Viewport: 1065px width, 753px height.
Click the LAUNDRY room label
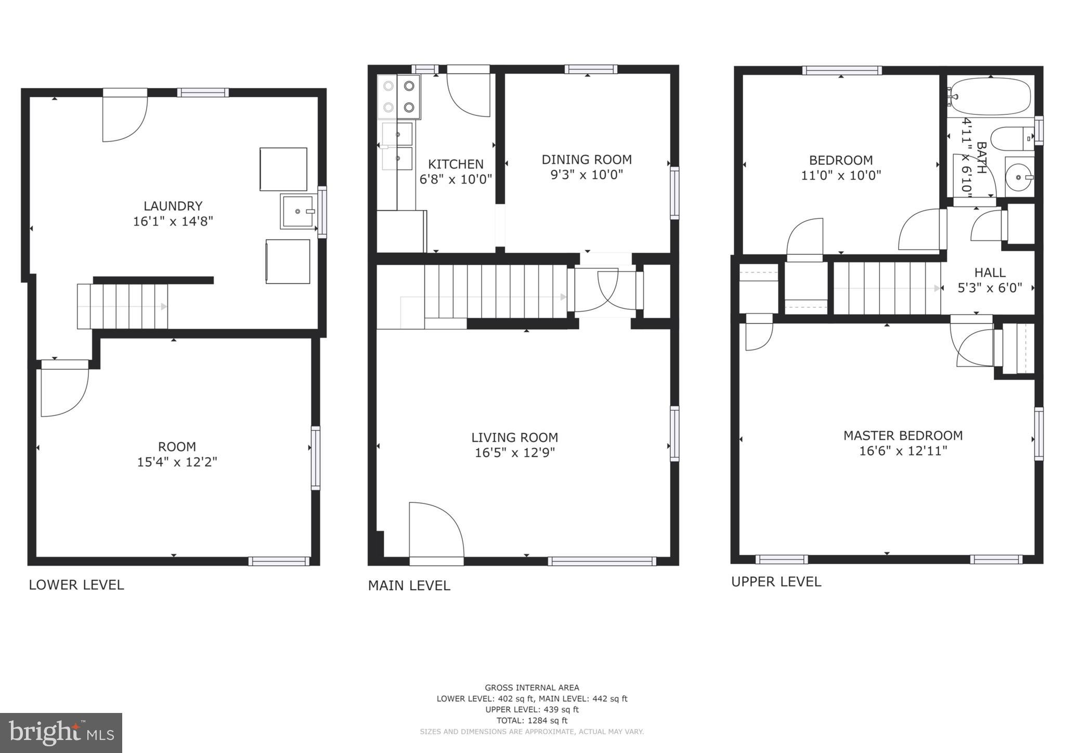point(173,206)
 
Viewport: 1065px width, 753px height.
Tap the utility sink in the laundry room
point(298,211)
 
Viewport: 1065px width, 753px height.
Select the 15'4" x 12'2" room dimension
point(177,462)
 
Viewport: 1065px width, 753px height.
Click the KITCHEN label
point(456,164)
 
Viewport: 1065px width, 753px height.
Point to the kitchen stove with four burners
point(399,97)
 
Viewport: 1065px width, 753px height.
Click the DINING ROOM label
point(587,160)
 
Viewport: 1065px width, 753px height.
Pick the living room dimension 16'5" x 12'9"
point(515,452)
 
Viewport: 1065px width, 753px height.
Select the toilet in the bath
point(1010,139)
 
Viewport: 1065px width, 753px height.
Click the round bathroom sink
point(1019,177)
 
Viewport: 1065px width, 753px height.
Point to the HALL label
point(990,272)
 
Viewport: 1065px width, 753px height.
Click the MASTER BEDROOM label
point(903,436)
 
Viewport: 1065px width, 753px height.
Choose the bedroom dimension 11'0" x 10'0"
point(841,175)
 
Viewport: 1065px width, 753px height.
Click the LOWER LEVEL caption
point(76,585)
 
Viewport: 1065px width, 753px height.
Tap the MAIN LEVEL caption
point(409,586)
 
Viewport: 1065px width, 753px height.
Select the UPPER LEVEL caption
point(776,582)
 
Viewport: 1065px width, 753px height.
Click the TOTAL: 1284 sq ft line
point(531,721)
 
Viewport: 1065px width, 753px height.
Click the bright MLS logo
point(61,733)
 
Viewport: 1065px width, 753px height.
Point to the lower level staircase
point(123,306)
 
